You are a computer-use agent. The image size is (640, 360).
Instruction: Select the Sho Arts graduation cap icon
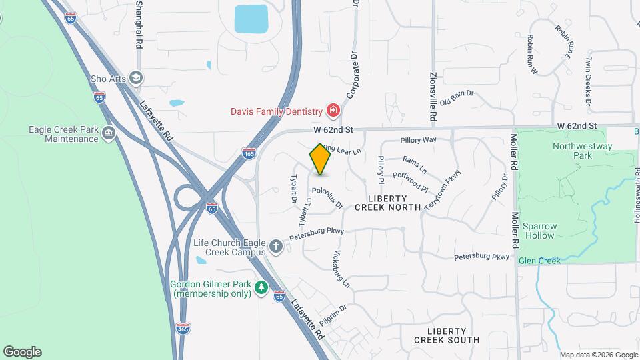(x=137, y=79)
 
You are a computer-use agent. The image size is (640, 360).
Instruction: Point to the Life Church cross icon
(x=275, y=247)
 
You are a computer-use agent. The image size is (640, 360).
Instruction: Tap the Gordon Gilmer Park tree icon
(x=262, y=287)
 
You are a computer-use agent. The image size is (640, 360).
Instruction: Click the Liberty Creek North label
(x=388, y=203)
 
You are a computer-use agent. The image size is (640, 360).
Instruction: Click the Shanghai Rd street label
(x=139, y=23)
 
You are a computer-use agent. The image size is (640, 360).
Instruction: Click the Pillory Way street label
(x=418, y=140)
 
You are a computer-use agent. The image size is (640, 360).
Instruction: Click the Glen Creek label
(x=539, y=261)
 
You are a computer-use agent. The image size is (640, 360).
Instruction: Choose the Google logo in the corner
(x=22, y=352)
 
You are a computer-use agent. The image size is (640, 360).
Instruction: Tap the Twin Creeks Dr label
(x=588, y=79)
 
